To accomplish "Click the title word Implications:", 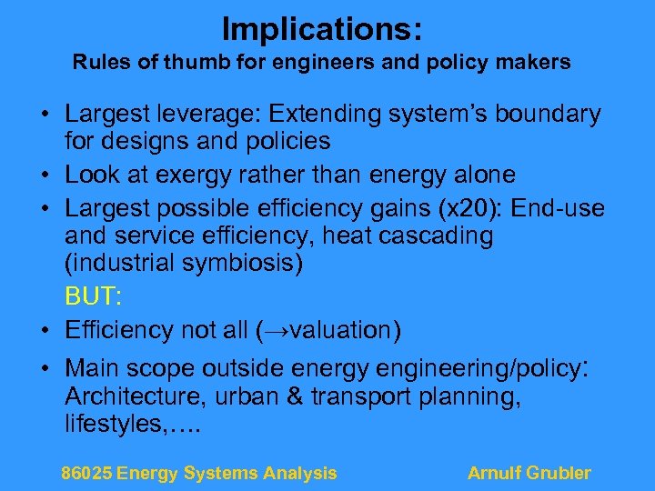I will [321, 29].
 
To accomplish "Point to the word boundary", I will [547, 115].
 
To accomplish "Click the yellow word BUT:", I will [91, 297].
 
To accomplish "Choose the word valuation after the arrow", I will [337, 329].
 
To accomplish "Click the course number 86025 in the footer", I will [86, 473].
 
